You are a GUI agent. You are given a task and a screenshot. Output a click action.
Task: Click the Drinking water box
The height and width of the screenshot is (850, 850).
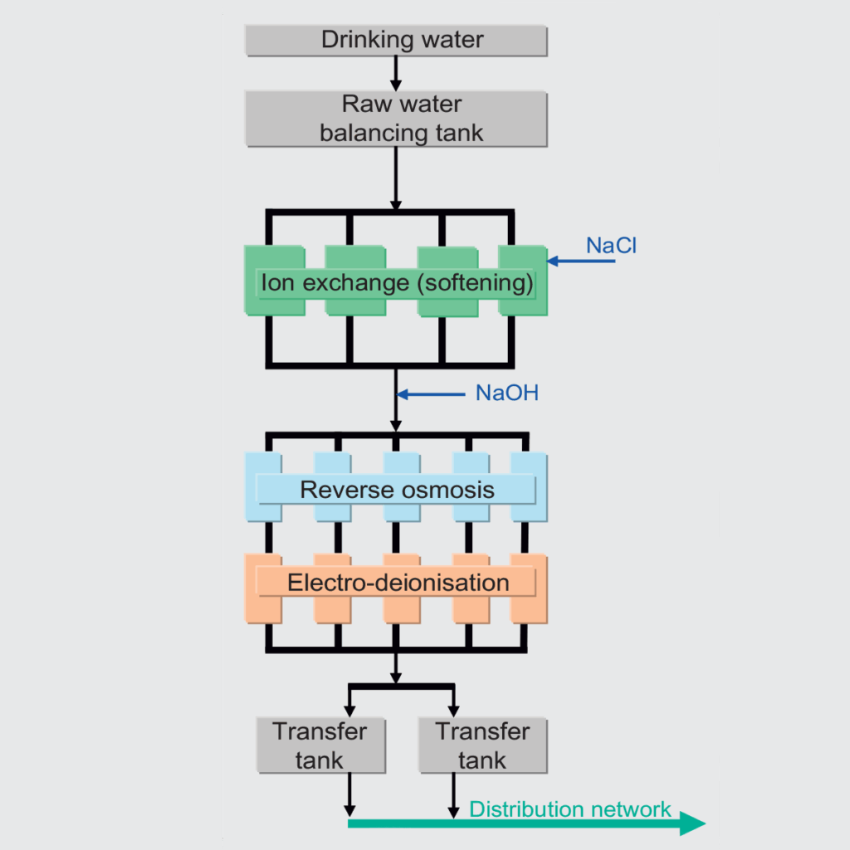pyautogui.click(x=396, y=39)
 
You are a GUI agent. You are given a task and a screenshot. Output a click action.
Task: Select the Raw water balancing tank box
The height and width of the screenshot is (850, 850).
pyautogui.click(x=396, y=118)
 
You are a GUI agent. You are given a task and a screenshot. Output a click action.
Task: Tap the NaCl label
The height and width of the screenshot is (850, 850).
pyautogui.click(x=611, y=246)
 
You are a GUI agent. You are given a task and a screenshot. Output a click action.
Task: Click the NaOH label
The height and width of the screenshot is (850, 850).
pyautogui.click(x=506, y=393)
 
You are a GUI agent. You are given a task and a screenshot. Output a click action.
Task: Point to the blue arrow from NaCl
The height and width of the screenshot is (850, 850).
pyautogui.click(x=581, y=262)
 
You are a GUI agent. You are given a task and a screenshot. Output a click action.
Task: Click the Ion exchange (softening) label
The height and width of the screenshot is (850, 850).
pyautogui.click(x=397, y=283)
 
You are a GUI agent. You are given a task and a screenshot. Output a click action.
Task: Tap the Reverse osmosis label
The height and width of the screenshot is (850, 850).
pyautogui.click(x=397, y=489)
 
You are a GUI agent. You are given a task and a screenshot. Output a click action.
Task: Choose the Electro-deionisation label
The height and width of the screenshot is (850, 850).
pyautogui.click(x=397, y=582)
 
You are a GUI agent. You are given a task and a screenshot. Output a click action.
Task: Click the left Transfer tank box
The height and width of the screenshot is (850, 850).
pyautogui.click(x=320, y=745)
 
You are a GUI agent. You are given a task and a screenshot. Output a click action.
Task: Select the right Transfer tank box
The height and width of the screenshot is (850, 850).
pyautogui.click(x=482, y=745)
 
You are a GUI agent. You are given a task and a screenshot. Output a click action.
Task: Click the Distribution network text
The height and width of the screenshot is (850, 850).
pyautogui.click(x=570, y=808)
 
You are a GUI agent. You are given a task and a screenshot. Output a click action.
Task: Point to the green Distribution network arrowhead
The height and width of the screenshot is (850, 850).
pyautogui.click(x=693, y=823)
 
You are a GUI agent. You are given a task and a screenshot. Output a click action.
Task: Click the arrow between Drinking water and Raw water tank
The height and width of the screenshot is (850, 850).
pyautogui.click(x=396, y=73)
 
